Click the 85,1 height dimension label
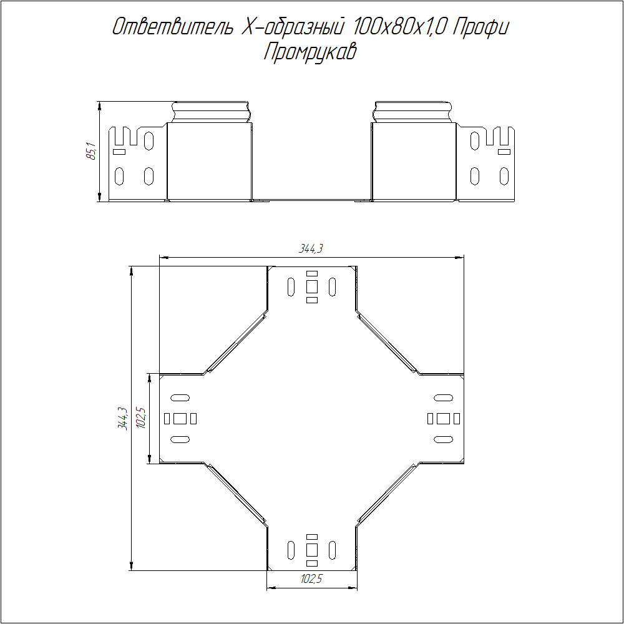pos(91,152)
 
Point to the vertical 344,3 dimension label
pos(122,418)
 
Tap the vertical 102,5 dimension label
pos(142,417)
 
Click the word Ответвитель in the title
pos(172,27)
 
